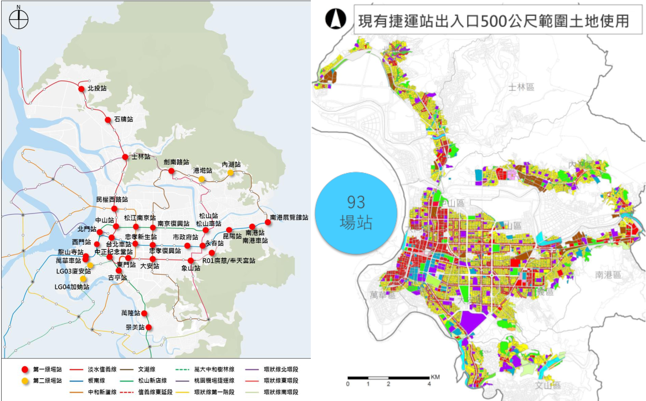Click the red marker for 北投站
[x=81, y=89]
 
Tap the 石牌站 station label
[x=123, y=119]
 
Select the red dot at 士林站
[x=125, y=157]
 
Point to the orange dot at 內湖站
[x=230, y=173]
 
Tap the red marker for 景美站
[x=148, y=327]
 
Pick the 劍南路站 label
[x=176, y=162]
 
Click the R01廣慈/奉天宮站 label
[x=229, y=261]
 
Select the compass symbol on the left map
[x=19, y=21]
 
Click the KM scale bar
[x=388, y=377]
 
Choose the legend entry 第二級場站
[x=47, y=381]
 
